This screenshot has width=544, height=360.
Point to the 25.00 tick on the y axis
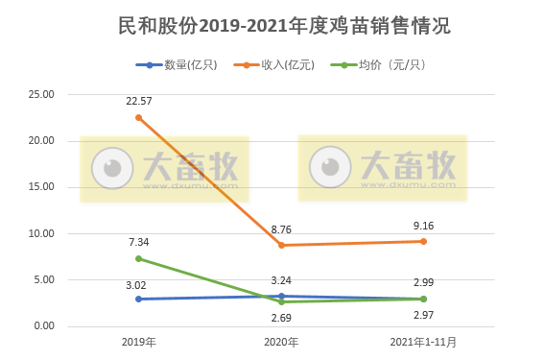coord(41,94)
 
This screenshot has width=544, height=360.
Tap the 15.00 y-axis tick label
coord(41,187)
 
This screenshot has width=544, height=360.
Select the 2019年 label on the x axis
coord(139,342)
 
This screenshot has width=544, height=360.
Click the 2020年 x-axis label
coord(280,342)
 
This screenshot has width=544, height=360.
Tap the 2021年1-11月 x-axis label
coord(423,342)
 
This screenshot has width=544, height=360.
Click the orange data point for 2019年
coord(139,117)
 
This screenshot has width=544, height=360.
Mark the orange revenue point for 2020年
coord(281,245)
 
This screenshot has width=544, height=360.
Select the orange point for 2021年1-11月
coord(423,241)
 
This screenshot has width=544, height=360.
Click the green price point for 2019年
coord(139,258)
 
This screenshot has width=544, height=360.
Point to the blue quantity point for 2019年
coord(139,299)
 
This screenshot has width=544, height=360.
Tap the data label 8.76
coord(281,228)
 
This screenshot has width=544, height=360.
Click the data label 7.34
coord(139,242)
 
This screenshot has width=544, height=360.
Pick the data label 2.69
coord(281,317)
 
